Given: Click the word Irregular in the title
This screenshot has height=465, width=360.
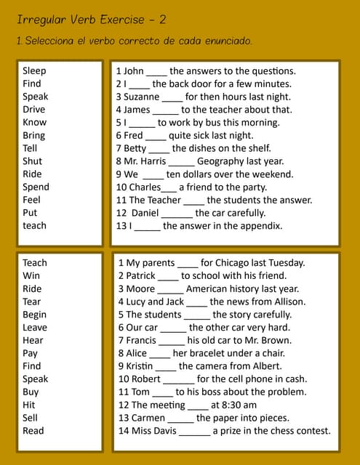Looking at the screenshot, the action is [40, 20].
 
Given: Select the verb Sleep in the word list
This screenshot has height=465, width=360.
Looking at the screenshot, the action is [34, 70].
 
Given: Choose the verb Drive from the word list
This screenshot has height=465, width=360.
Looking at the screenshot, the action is [33, 110].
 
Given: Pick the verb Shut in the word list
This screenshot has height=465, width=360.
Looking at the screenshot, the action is [32, 161].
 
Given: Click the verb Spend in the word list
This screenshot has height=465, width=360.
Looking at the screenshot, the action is [36, 187].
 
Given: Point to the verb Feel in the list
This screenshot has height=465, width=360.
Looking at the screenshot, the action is [31, 200].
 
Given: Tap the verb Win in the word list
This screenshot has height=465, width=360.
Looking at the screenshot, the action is [31, 276].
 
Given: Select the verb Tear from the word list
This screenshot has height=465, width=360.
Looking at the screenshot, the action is [32, 302].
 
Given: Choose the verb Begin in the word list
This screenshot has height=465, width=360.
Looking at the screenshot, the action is [34, 315].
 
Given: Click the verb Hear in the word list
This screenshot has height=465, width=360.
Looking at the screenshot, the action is [33, 340].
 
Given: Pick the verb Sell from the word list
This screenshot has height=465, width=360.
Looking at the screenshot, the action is [30, 418].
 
